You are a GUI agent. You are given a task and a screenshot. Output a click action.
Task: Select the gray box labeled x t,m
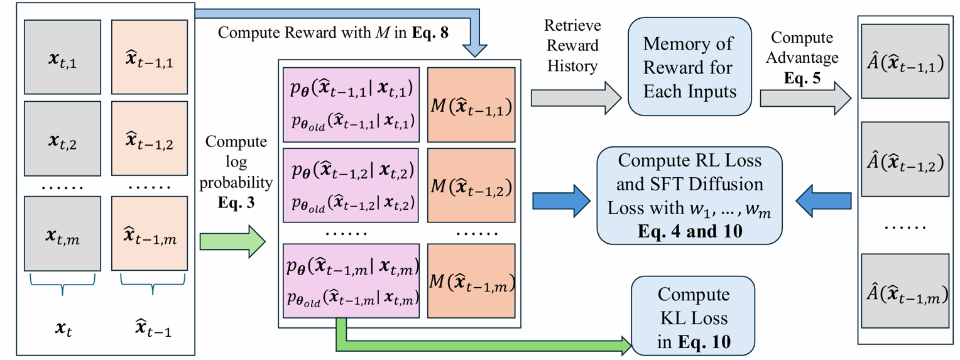pyautogui.click(x=62, y=234)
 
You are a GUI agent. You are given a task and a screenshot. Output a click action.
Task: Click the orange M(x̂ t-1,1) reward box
pyautogui.click(x=471, y=106)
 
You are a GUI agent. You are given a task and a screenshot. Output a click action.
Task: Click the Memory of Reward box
pyautogui.click(x=689, y=66)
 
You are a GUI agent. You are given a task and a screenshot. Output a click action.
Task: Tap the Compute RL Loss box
pyautogui.click(x=689, y=195)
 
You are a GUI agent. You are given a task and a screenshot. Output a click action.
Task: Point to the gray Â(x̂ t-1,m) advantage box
pyautogui.click(x=905, y=291)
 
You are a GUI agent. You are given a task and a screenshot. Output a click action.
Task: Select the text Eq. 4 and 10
pyautogui.click(x=689, y=231)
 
